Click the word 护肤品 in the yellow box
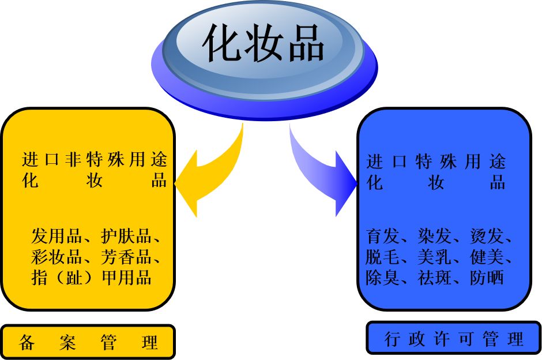click(125, 237)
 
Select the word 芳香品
click(125, 257)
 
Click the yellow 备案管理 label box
click(88, 342)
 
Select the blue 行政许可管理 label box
click(454, 339)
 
